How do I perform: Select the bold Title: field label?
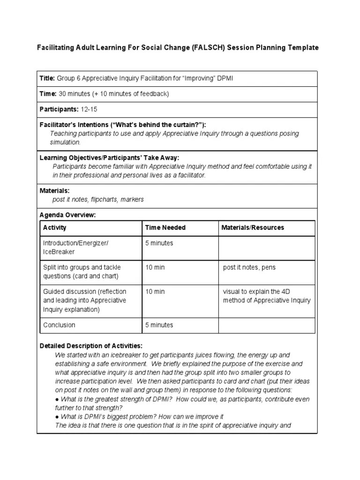tap(47, 78)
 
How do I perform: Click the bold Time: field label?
tap(48, 94)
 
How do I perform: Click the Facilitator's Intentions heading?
tap(122, 124)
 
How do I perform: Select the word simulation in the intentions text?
tap(65, 142)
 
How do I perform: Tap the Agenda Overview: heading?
tap(67, 215)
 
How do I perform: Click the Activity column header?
tap(55, 228)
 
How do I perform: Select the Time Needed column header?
tap(165, 228)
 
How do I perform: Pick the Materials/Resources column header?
tap(253, 228)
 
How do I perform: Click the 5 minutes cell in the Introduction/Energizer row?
tap(159, 243)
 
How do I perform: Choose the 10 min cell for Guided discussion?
tap(155, 292)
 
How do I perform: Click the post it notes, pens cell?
tap(249, 267)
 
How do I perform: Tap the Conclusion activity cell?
tap(59, 325)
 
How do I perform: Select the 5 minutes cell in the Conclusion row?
tap(159, 325)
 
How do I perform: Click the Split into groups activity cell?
tap(81, 272)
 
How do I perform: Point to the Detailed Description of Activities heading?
tap(91, 346)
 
